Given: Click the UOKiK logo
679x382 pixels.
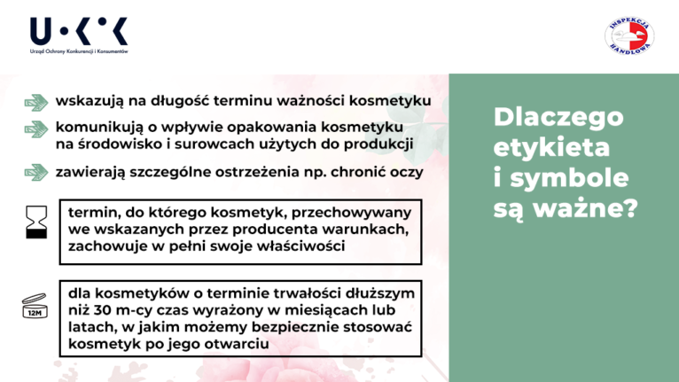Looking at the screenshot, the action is click(x=79, y=35).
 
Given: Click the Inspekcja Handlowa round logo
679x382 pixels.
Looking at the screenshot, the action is click(x=629, y=36).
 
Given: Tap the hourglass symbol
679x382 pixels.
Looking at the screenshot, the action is click(x=36, y=222).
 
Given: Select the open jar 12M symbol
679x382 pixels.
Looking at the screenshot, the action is click(x=35, y=306).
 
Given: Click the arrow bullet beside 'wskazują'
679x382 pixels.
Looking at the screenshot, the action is click(x=36, y=103).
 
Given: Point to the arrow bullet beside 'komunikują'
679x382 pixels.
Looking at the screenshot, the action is click(x=36, y=129).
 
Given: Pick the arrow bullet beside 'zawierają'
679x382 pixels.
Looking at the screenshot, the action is click(x=36, y=172).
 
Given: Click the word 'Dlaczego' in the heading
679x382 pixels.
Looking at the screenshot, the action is click(x=558, y=118).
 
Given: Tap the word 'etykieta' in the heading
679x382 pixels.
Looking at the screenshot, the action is click(x=551, y=147).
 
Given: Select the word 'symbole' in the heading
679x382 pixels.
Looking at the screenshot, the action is click(x=569, y=178).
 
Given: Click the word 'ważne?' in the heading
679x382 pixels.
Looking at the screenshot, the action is click(x=585, y=208).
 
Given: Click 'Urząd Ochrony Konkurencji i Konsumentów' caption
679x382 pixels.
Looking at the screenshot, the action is click(x=79, y=51).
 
